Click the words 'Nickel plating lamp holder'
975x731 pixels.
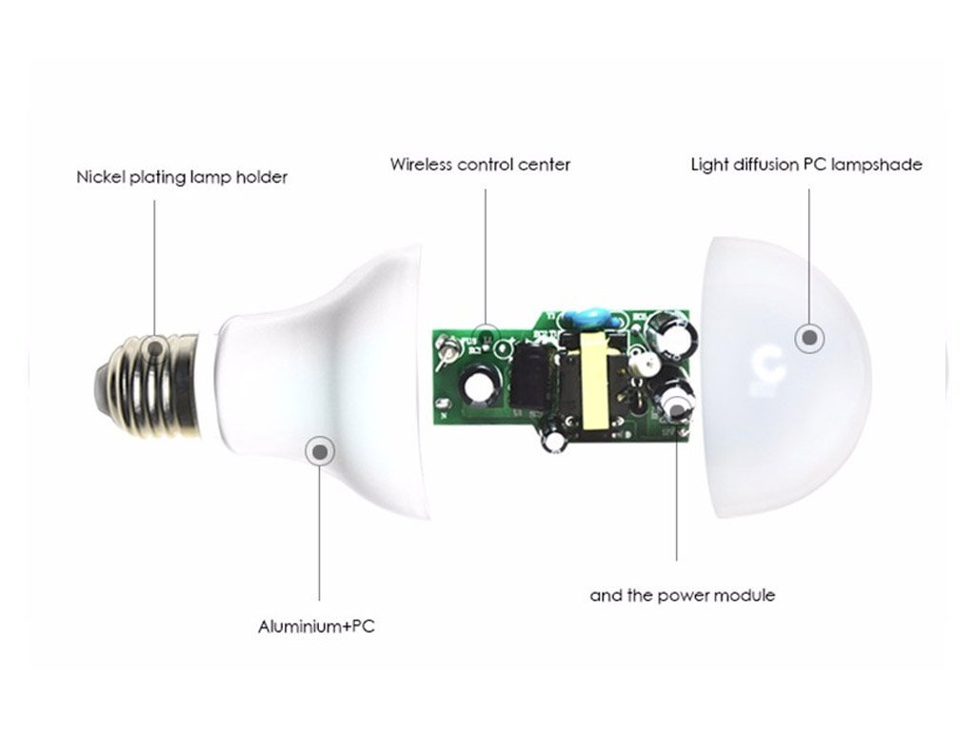(182, 178)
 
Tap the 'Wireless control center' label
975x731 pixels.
(480, 165)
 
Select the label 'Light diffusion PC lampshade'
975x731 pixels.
(806, 166)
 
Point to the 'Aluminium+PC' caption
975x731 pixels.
(316, 626)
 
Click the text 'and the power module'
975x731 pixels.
(683, 596)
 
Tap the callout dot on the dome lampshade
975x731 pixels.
(809, 338)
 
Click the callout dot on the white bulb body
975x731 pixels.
(320, 451)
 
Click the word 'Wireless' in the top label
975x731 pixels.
(421, 165)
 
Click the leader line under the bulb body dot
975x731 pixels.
(320, 530)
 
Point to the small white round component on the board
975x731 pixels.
(641, 365)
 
